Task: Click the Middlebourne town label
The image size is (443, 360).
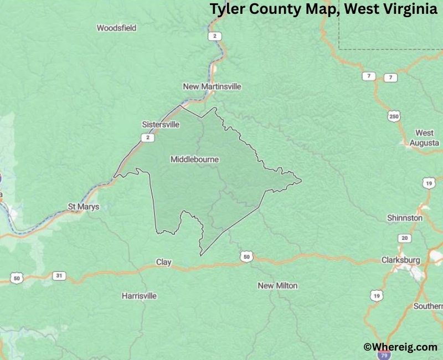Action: [x=194, y=160]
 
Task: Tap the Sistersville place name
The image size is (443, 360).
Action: [x=161, y=125]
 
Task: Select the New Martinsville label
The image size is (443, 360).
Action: [x=212, y=87]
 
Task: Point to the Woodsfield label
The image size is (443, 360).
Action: [x=116, y=28]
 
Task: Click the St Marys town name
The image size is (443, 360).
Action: [x=84, y=207]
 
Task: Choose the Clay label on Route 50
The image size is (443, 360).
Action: [x=164, y=262]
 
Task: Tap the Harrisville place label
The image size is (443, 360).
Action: [x=139, y=296]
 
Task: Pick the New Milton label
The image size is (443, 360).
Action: [x=277, y=286]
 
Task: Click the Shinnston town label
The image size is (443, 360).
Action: [x=405, y=218]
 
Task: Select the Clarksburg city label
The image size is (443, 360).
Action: [x=400, y=260]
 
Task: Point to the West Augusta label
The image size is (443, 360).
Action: [x=424, y=138]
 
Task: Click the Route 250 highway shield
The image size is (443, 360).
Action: [x=394, y=116]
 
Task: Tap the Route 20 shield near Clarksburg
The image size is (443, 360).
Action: [x=405, y=238]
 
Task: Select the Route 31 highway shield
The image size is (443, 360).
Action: [x=59, y=275]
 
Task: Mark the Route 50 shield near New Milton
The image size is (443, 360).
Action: [x=246, y=256]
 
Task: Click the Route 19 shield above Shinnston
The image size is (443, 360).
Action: [x=428, y=182]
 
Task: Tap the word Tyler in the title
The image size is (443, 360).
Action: [x=227, y=10]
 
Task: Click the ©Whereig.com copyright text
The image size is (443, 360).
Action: [x=400, y=347]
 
